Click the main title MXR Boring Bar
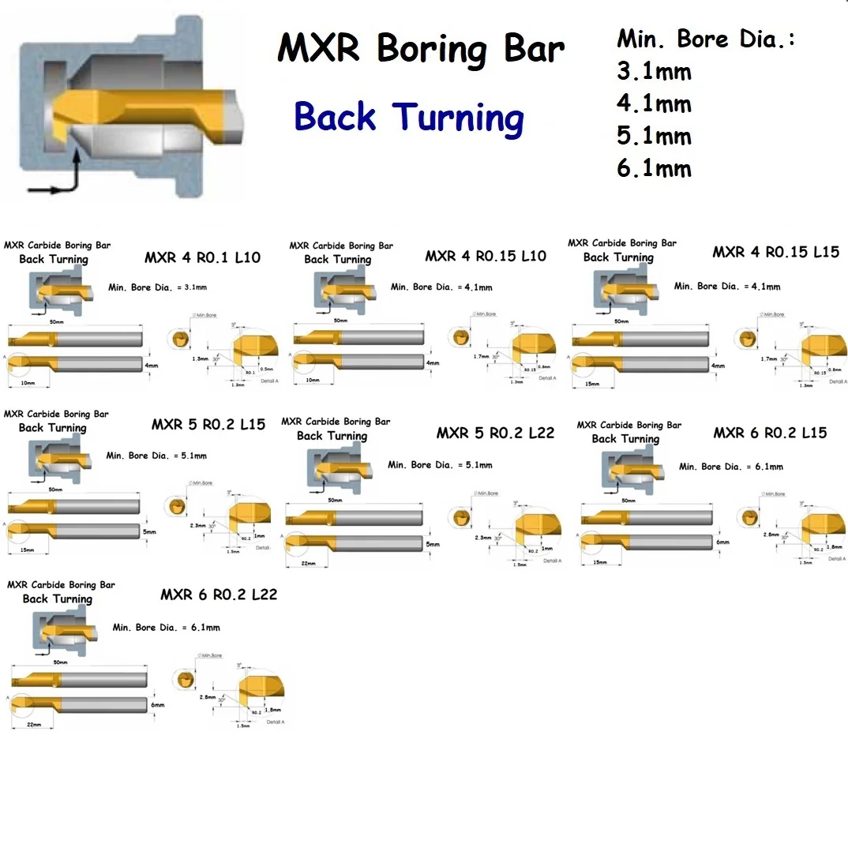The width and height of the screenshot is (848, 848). tap(421, 50)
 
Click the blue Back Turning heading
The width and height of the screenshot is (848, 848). tap(409, 118)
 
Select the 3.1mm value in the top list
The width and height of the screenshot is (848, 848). tap(654, 72)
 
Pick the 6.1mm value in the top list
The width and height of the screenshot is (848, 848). tap(654, 168)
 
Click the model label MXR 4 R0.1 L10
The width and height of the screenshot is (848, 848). tap(202, 258)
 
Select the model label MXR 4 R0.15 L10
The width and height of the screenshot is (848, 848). tap(486, 257)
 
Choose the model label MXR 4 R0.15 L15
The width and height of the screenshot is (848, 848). tap(775, 253)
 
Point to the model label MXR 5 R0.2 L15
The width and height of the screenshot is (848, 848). tap(208, 425)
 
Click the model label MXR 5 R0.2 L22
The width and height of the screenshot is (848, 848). tap(495, 433)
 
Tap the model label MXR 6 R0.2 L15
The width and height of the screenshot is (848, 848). tap(770, 433)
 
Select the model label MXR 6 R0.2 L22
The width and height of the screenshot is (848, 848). tap(219, 595)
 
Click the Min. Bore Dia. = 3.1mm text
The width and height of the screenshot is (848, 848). tap(157, 288)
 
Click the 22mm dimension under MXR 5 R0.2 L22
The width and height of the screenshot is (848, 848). tap(309, 563)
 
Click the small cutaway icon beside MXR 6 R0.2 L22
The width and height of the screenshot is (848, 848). tap(66, 631)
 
